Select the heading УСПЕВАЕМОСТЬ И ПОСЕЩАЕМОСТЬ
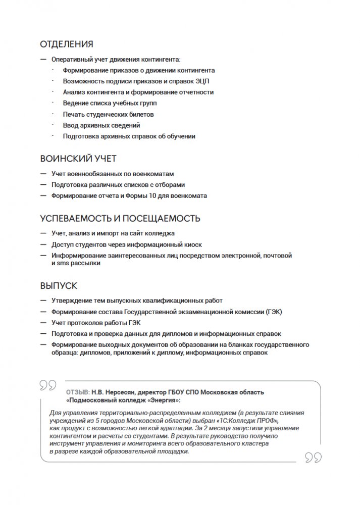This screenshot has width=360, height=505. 120,219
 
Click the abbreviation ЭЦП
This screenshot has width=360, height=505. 209,81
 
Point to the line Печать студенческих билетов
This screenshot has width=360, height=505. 108,114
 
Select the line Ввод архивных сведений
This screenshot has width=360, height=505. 101,125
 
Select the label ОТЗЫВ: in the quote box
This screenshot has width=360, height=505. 78,392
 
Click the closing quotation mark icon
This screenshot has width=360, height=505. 314,458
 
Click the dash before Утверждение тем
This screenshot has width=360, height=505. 44,300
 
